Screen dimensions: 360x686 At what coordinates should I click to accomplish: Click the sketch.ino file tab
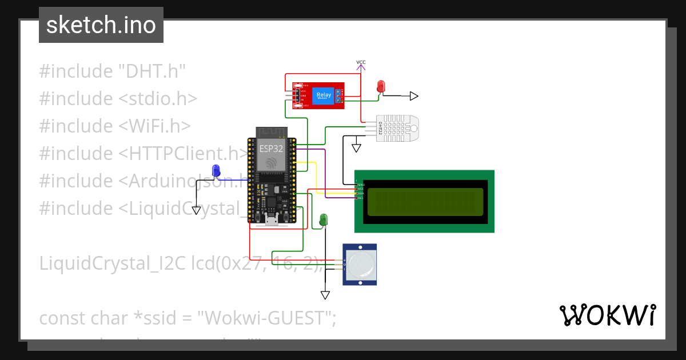click(101, 25)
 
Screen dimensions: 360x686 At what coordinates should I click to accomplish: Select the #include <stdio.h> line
click(118, 99)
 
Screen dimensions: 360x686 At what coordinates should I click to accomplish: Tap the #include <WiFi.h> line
click(114, 126)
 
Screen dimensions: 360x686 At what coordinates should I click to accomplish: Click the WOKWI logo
click(607, 315)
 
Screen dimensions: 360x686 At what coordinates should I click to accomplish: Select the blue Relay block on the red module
click(324, 95)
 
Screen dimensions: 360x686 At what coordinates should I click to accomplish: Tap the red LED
click(381, 86)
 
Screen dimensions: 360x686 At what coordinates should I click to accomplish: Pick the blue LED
click(216, 170)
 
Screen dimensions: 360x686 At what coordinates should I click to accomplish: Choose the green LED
click(323, 219)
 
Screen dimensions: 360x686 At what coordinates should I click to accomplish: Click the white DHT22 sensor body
click(400, 127)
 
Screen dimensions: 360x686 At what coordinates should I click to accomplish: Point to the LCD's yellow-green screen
click(425, 202)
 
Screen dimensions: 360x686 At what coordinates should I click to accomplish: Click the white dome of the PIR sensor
click(360, 263)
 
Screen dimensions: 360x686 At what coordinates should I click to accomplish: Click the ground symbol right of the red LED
click(413, 96)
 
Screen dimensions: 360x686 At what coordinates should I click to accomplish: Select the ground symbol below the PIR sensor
click(325, 295)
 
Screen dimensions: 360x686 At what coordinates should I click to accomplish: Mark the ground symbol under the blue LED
click(196, 210)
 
